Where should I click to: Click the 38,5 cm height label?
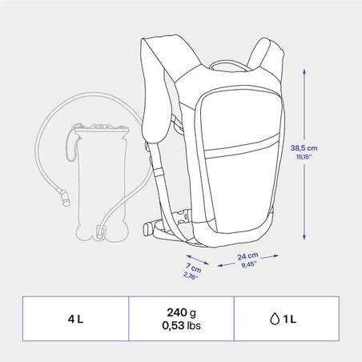(304, 148)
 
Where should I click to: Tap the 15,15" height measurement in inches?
(304, 157)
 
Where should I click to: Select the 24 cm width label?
(247, 256)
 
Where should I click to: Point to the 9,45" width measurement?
(249, 264)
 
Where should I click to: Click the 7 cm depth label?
(194, 267)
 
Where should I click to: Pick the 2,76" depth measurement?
(191, 276)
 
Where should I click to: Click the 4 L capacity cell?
(75, 319)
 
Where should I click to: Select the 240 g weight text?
(182, 312)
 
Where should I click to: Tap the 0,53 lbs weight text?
(181, 325)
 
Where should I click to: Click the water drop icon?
(275, 319)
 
